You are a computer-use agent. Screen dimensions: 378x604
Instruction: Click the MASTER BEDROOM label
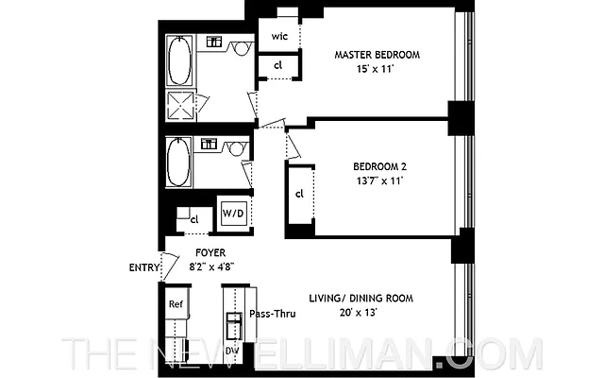377,55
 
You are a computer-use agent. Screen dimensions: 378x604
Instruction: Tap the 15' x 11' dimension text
377,70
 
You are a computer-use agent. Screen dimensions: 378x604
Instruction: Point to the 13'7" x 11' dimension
374,181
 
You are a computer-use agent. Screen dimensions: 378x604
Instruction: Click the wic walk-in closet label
279,36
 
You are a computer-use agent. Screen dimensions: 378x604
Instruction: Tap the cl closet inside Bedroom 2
299,195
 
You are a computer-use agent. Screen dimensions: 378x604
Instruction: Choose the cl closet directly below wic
279,65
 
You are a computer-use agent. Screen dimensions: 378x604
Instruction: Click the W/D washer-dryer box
232,214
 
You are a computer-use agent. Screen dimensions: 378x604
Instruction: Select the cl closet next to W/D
194,219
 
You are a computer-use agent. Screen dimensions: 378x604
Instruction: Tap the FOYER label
209,253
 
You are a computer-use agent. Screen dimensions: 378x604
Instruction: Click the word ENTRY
143,267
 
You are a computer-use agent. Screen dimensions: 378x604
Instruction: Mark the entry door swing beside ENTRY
170,266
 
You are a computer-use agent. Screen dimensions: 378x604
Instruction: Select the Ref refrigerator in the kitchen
176,304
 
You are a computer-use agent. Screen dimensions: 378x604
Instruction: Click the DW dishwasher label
232,352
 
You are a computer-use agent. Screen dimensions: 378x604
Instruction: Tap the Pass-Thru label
274,314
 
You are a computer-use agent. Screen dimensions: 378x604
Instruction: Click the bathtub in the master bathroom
180,60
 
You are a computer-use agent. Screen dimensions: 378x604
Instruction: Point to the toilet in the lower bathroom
238,147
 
